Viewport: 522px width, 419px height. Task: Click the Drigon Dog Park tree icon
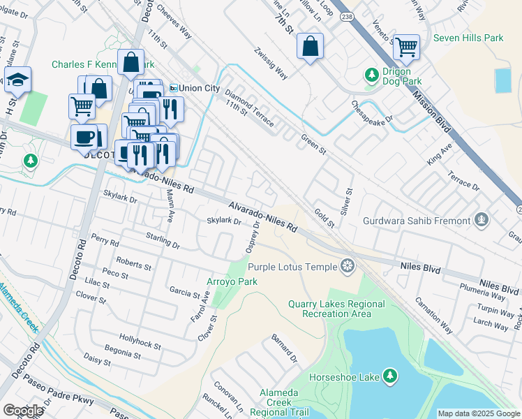point(371,74)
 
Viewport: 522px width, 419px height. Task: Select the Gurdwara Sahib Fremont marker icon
point(481,221)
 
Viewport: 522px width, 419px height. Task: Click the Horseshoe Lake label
point(349,377)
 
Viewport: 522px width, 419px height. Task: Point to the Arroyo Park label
point(232,281)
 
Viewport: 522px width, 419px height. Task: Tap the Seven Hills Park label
point(468,38)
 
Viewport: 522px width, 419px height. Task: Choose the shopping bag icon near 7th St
point(309,47)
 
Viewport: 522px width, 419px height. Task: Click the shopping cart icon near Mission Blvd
point(406,47)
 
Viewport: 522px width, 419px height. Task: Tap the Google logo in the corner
point(23,411)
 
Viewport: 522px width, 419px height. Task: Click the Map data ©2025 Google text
point(478,413)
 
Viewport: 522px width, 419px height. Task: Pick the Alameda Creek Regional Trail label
point(279,403)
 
